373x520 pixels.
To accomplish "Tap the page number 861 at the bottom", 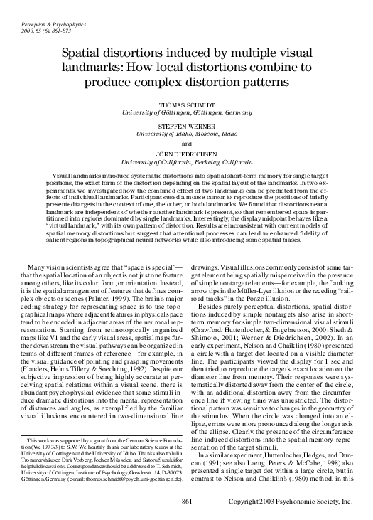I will point(187,502).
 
